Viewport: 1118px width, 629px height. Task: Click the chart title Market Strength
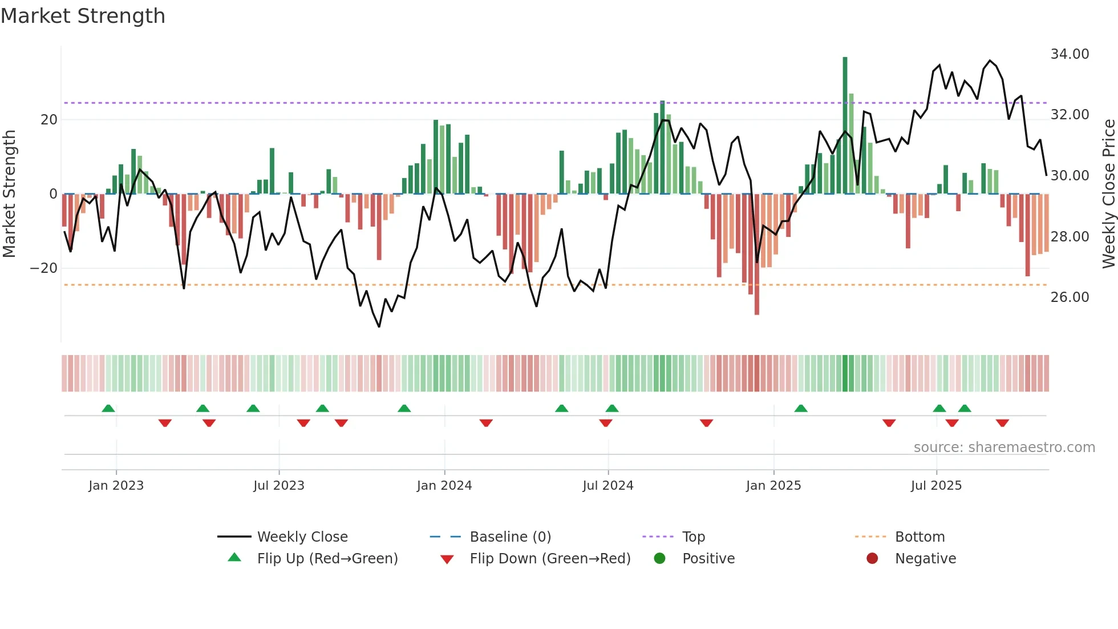click(x=83, y=16)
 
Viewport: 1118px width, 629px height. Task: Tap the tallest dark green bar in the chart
click(x=845, y=126)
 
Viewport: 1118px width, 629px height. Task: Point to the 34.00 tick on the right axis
click(x=1070, y=54)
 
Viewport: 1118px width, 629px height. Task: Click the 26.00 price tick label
click(x=1070, y=297)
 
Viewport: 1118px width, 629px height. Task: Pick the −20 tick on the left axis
click(x=44, y=268)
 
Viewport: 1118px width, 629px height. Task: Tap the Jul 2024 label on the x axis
click(x=608, y=486)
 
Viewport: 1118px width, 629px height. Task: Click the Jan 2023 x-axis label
click(x=116, y=486)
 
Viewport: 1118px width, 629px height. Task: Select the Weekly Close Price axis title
click(x=1108, y=194)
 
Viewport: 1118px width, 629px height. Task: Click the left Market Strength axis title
click(x=9, y=194)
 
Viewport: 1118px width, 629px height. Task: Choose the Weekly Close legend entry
click(x=302, y=537)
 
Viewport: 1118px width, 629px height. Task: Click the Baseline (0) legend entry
click(x=510, y=537)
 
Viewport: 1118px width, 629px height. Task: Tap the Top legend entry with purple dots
click(x=694, y=537)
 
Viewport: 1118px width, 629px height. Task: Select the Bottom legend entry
click(x=919, y=537)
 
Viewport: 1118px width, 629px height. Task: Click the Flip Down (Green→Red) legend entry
click(x=550, y=559)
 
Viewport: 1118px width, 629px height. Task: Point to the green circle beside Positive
click(x=660, y=559)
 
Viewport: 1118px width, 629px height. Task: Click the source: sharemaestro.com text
click(x=1004, y=447)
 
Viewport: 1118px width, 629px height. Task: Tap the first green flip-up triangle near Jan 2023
click(x=108, y=408)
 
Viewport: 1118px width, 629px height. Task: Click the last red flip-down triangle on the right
click(x=1002, y=423)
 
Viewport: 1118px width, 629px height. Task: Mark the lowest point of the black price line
click(x=379, y=326)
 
